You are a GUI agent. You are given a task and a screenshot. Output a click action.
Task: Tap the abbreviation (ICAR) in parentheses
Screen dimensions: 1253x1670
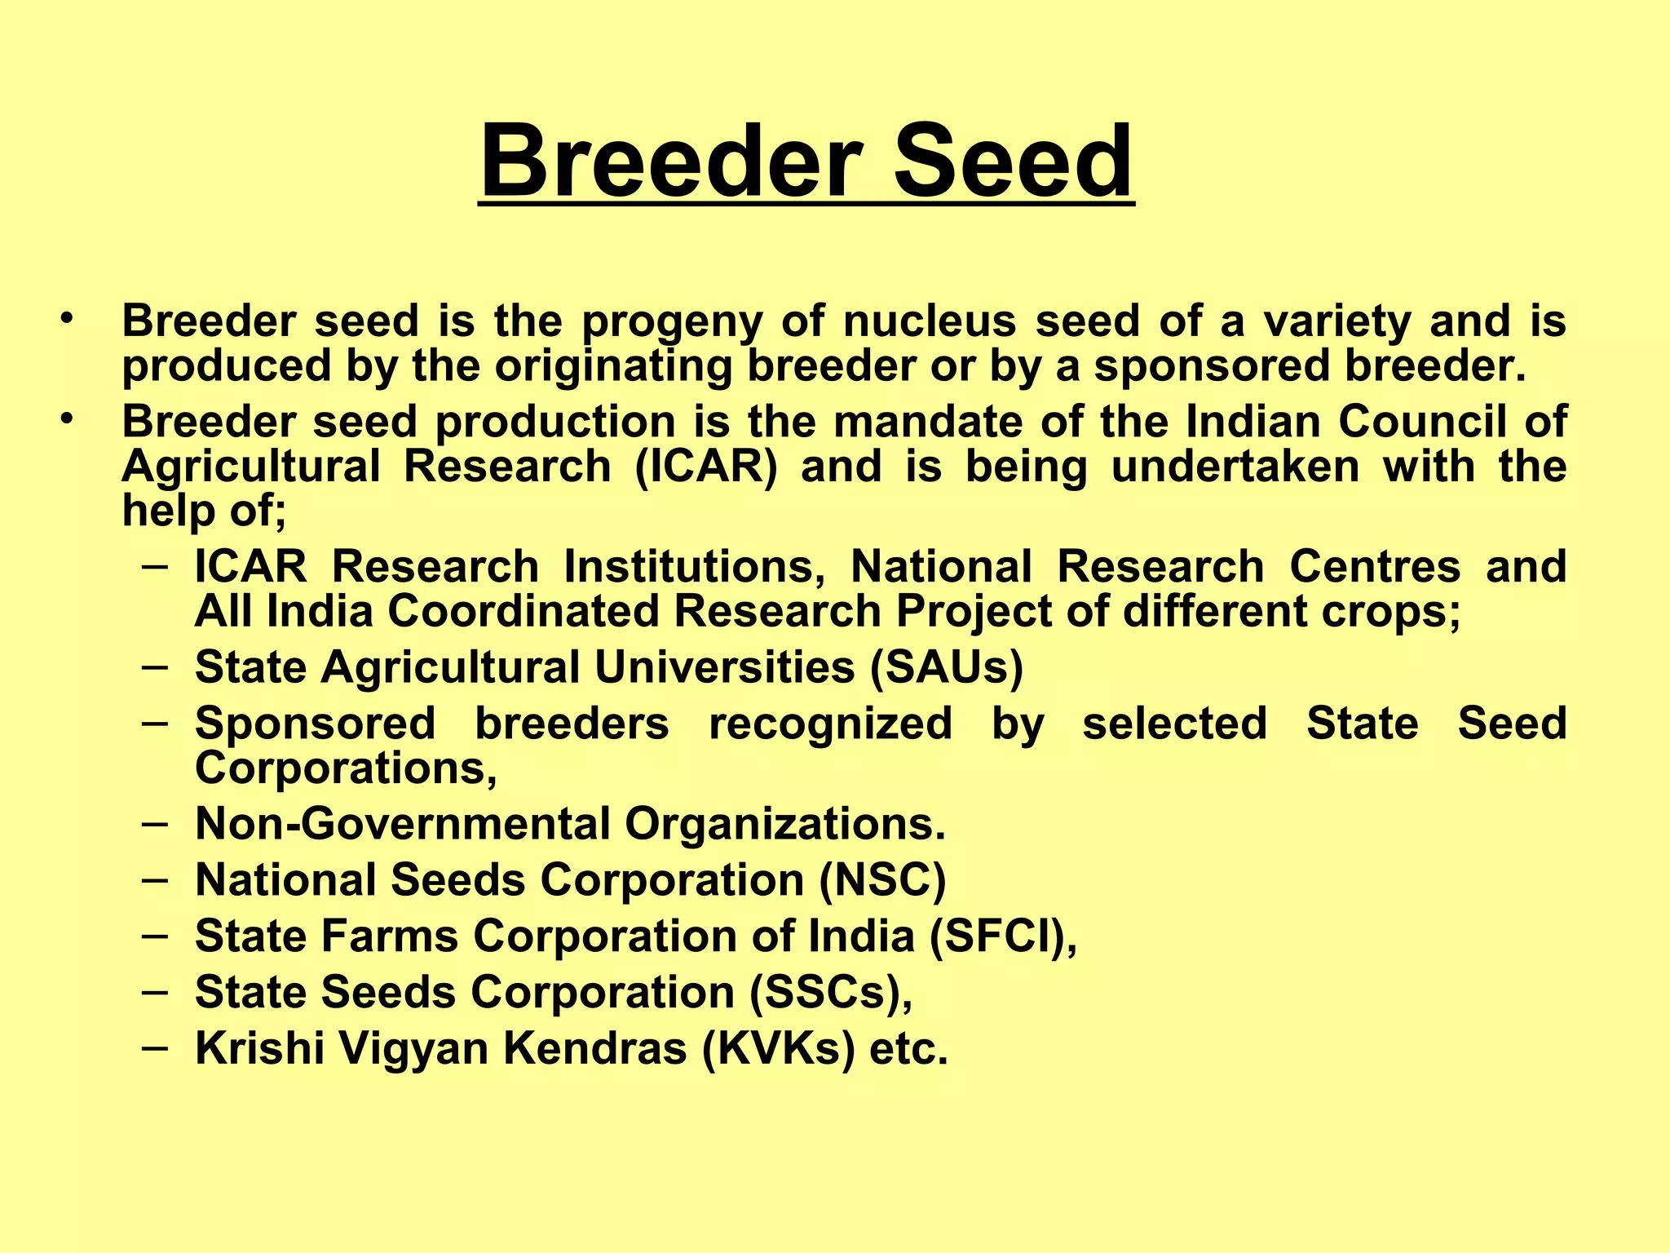click(x=706, y=467)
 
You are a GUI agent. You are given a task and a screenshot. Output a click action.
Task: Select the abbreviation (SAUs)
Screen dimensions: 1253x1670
click(x=946, y=667)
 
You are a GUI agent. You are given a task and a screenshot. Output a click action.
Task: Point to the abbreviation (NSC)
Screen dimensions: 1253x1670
click(x=882, y=880)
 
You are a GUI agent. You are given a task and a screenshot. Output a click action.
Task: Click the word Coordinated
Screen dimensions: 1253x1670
click(x=523, y=612)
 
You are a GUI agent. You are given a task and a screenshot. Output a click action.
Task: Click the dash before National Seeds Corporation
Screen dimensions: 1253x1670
click(x=155, y=879)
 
